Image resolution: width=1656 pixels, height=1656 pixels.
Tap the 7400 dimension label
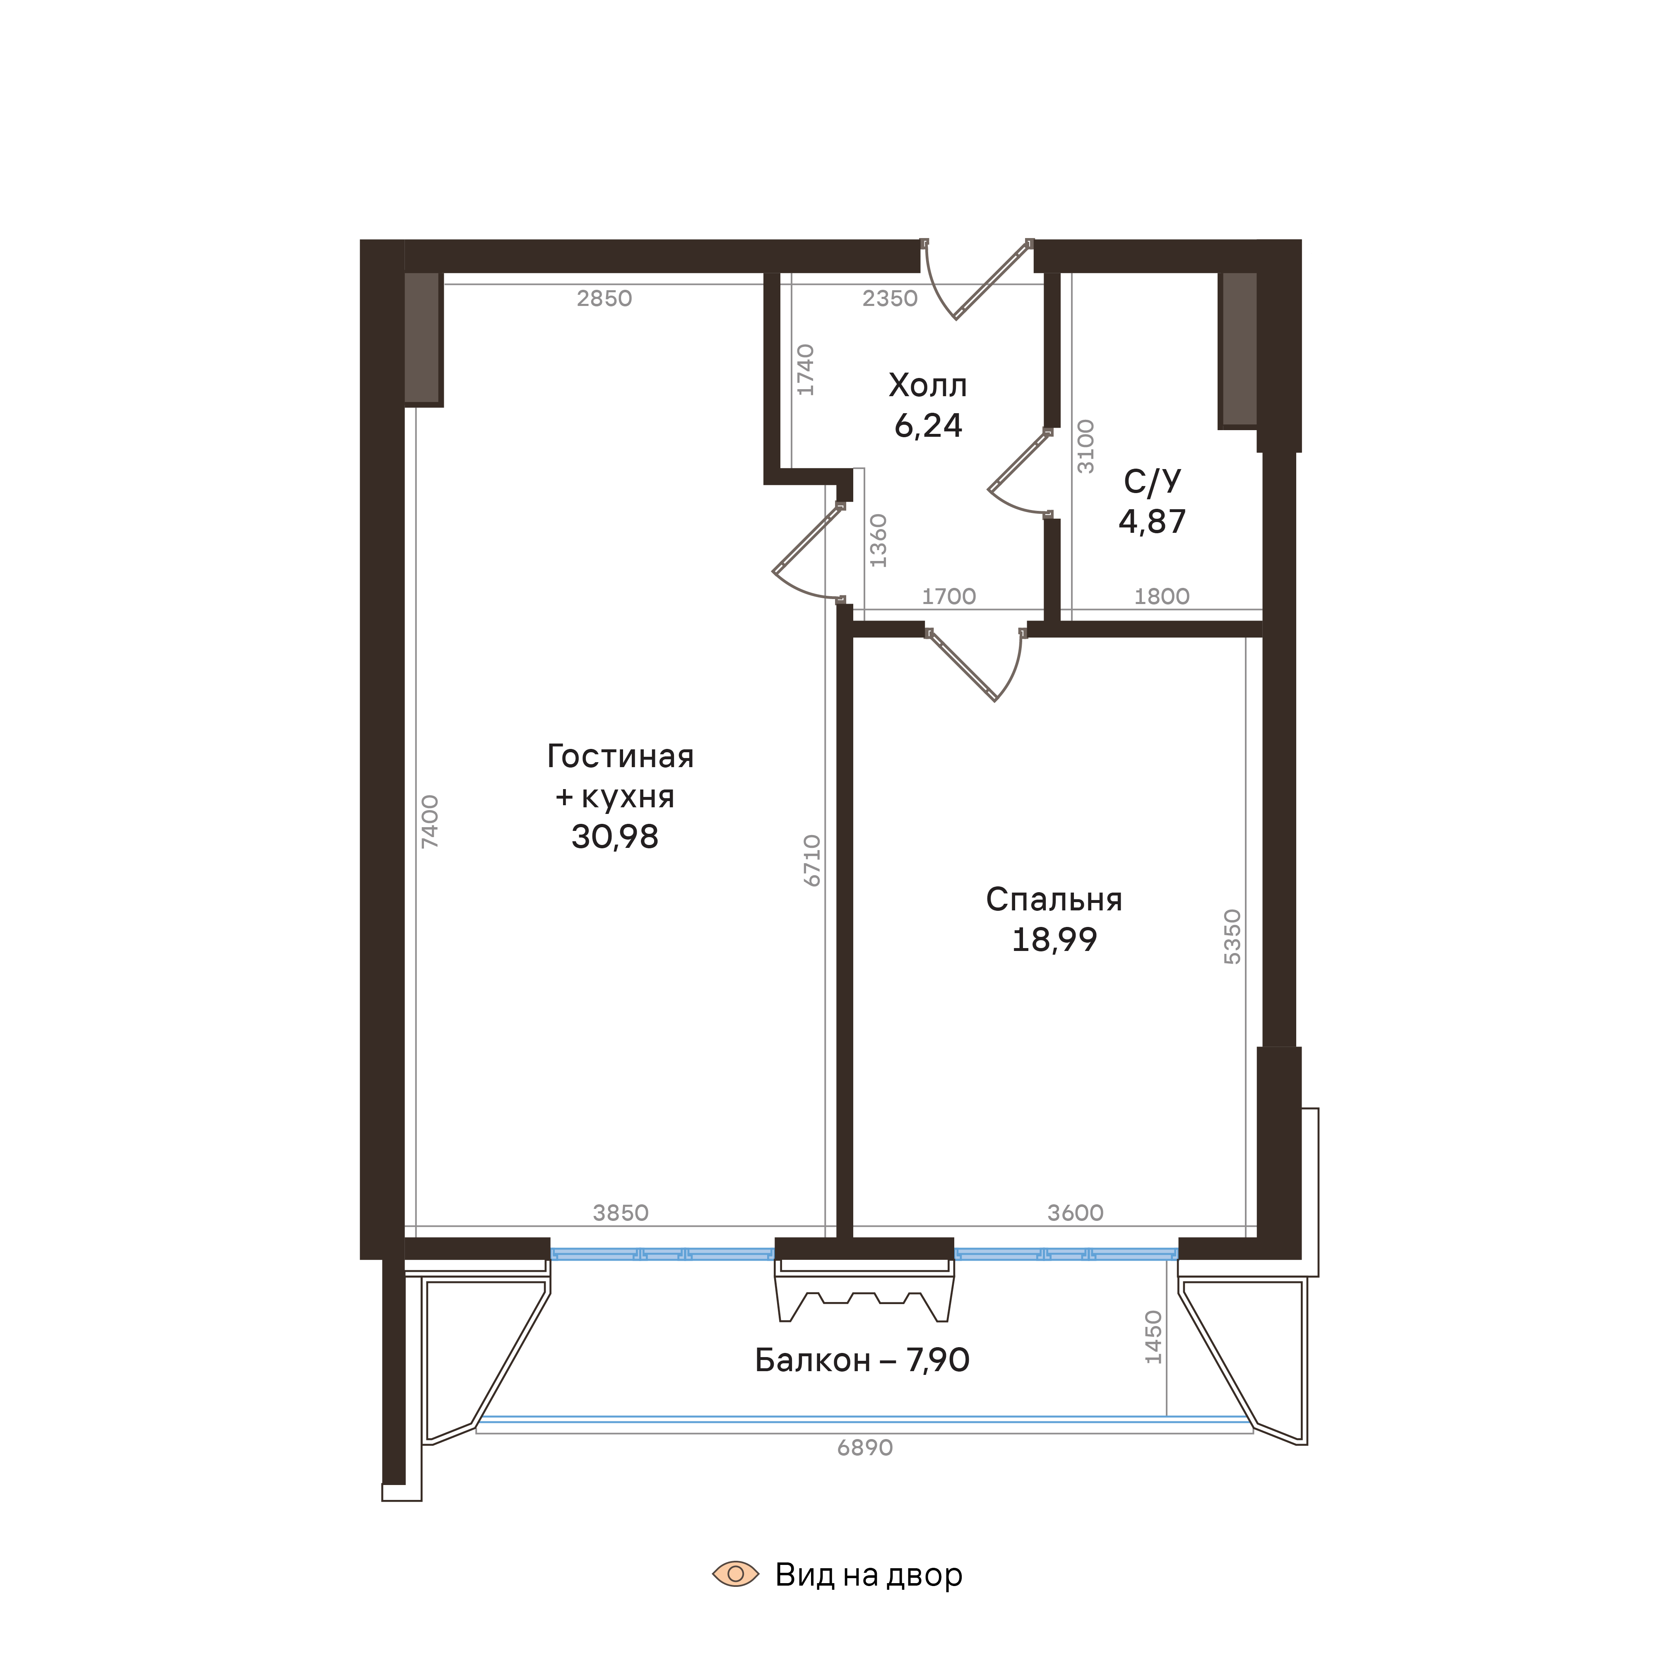pos(430,821)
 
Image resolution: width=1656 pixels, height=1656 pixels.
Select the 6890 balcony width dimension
pos(865,1448)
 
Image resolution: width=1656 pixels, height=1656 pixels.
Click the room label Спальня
pos(1054,899)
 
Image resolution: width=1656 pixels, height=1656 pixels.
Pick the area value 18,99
pos(1054,940)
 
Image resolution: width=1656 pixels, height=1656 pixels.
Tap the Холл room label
pos(927,386)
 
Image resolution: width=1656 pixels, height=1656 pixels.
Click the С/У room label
pos(1152,482)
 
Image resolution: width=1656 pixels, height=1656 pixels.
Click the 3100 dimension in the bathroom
pos(1086,446)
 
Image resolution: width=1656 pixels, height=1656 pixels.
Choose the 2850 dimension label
pos(604,298)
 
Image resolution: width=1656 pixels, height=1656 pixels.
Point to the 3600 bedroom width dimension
pos(1075,1213)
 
